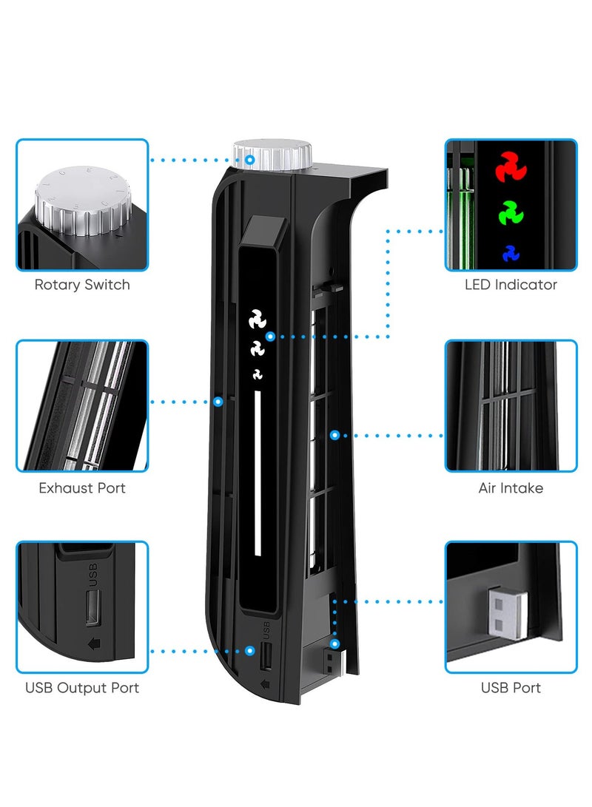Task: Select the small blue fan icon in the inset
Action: pos(511,253)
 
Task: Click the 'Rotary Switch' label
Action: pos(82,285)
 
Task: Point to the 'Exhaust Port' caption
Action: pos(82,488)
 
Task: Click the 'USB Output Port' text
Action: pos(82,688)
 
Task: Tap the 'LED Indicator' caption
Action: pos(511,285)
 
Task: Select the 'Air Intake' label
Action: pos(511,488)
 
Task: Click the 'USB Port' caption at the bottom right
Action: pos(511,688)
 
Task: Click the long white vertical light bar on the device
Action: pos(258,473)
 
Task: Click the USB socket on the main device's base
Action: pos(266,655)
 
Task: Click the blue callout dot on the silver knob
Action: pos(251,159)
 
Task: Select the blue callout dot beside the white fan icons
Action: pos(271,336)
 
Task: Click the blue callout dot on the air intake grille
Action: pos(334,435)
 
